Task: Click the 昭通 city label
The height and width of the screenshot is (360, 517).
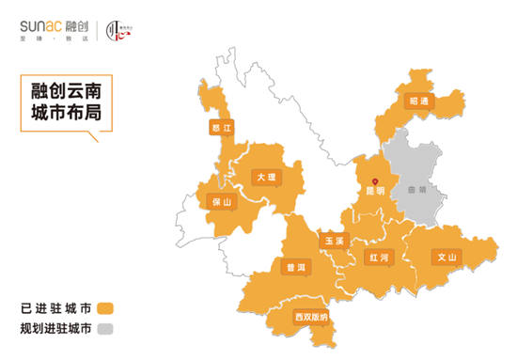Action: pyautogui.click(x=418, y=101)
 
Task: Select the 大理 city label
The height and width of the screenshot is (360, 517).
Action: pyautogui.click(x=264, y=176)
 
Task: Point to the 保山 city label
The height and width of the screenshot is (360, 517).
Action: pyautogui.click(x=222, y=200)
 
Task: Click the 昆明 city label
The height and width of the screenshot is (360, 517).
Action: pyautogui.click(x=374, y=189)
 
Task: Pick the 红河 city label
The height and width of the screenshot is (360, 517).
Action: pyautogui.click(x=380, y=256)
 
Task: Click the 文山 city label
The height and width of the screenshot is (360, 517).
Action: pyautogui.click(x=446, y=256)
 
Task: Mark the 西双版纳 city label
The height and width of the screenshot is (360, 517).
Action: pyautogui.click(x=311, y=316)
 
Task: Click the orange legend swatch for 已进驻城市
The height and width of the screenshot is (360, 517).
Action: pyautogui.click(x=105, y=308)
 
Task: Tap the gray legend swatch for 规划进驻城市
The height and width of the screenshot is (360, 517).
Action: pyautogui.click(x=105, y=329)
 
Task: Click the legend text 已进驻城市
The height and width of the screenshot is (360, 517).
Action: pyautogui.click(x=55, y=308)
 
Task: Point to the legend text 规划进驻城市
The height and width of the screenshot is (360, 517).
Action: pyautogui.click(x=55, y=329)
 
